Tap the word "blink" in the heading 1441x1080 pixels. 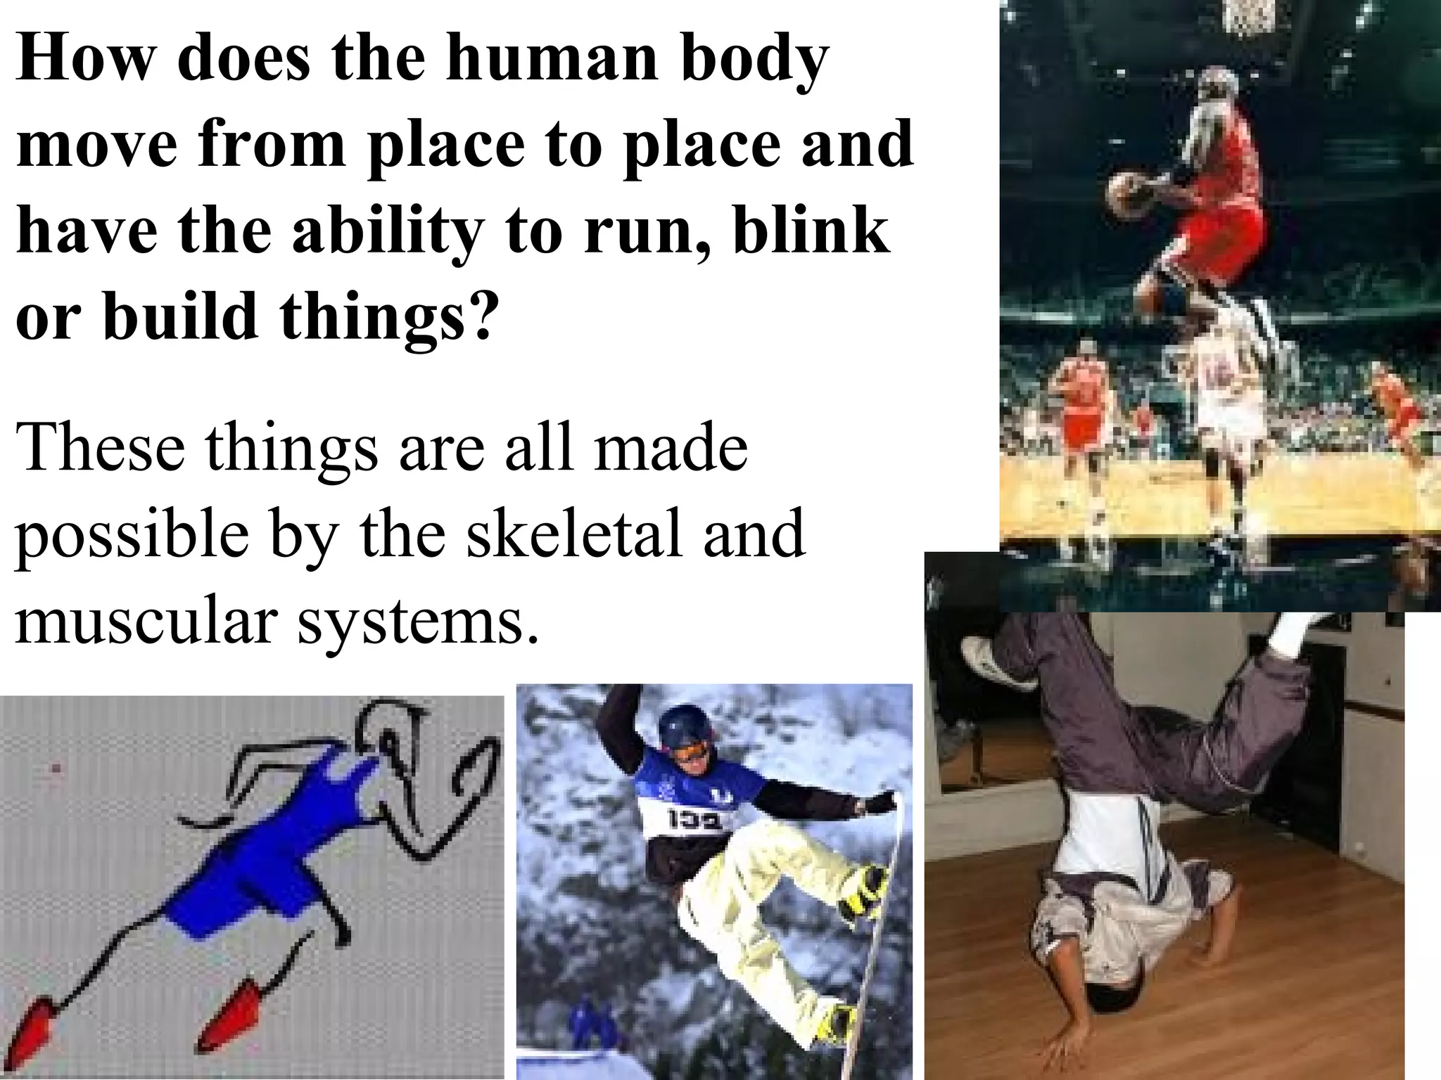click(x=811, y=232)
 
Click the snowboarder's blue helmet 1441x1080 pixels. click(x=675, y=724)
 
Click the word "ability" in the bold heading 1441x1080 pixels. click(x=383, y=232)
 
